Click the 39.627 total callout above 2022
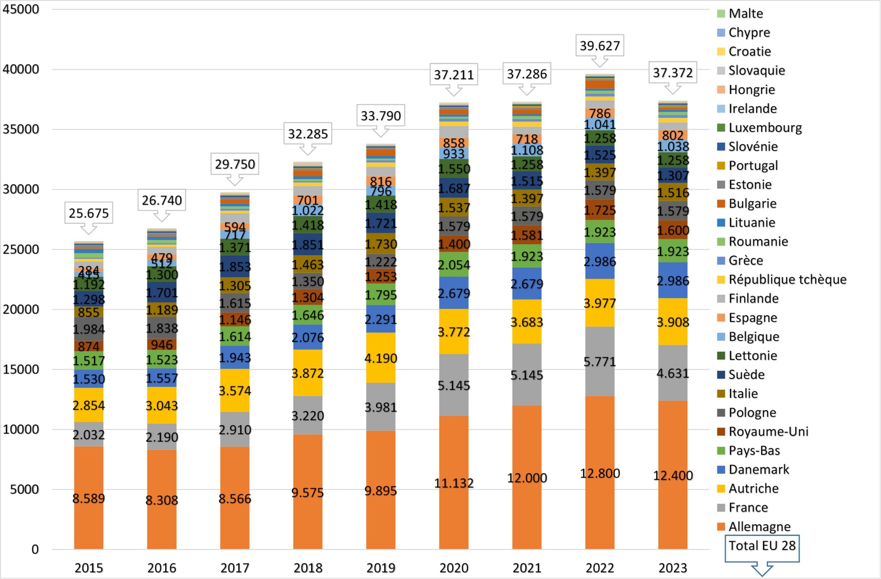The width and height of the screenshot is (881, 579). pos(600,45)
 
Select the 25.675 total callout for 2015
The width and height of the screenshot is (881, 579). pos(88,213)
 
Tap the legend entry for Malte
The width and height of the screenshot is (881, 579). pos(745,13)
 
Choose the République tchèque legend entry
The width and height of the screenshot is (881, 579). pos(787,279)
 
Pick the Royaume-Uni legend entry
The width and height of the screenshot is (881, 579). pos(768,431)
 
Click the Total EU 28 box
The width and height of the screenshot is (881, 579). pos(762,546)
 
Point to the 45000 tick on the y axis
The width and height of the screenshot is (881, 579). pos(21,9)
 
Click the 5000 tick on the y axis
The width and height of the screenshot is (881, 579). pos(24,489)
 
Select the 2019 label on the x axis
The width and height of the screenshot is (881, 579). pos(381,568)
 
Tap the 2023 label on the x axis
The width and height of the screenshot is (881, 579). pos(672,568)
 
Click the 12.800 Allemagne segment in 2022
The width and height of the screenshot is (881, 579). pos(600,473)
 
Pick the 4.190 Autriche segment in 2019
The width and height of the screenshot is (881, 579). pos(381,358)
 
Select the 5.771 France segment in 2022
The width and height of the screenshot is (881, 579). pos(600,361)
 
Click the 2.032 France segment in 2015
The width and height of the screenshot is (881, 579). pos(88,434)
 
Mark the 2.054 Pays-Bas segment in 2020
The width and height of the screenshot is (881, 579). pos(454,265)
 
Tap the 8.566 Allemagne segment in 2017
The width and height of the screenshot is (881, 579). pos(235,498)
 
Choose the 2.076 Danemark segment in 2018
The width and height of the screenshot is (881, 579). pos(308,337)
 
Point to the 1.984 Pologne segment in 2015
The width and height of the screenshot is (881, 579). pos(88,329)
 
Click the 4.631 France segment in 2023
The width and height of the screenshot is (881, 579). pos(672,373)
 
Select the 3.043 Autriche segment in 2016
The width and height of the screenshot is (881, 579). pos(162,406)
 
